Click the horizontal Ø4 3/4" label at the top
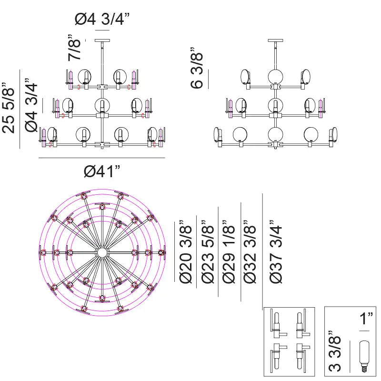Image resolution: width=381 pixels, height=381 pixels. [102, 20]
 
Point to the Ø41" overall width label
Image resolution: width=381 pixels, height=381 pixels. [102, 171]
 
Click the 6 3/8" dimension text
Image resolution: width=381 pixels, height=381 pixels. [197, 68]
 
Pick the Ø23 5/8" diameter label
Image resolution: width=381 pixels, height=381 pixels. [208, 251]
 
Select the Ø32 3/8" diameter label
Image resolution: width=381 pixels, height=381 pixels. [251, 251]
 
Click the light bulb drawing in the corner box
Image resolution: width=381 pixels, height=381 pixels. [364, 356]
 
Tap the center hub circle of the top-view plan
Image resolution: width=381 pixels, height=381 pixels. [102, 252]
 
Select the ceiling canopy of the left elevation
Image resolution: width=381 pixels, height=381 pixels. [102, 40]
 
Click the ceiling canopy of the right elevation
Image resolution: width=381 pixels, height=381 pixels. [275, 40]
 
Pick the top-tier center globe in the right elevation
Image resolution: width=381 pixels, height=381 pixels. [275, 76]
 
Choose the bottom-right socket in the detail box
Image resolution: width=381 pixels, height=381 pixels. [301, 357]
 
